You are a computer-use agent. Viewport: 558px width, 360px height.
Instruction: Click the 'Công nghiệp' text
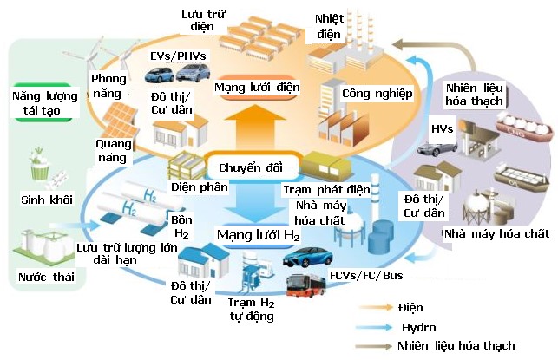pos(377,92)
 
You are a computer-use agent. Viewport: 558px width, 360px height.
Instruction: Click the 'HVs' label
pos(443,128)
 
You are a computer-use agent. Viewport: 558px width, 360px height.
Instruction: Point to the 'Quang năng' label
pos(112,152)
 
